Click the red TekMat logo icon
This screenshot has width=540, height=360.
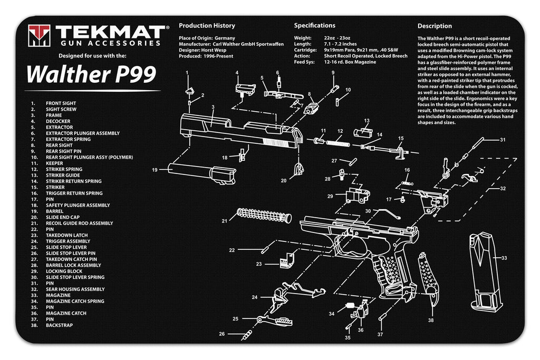pyautogui.click(x=40, y=35)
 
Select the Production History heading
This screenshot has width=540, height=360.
pyautogui.click(x=207, y=26)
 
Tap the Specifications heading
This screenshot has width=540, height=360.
pyautogui.click(x=314, y=25)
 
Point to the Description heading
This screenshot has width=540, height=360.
pyautogui.click(x=435, y=26)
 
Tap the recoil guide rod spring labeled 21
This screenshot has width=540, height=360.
pyautogui.click(x=263, y=216)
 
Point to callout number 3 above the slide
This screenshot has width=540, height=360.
pyautogui.click(x=213, y=107)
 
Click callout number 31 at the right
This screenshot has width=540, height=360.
pyautogui.click(x=503, y=140)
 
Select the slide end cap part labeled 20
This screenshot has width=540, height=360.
pyautogui.click(x=299, y=170)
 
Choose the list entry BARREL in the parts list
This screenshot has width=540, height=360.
pyautogui.click(x=54, y=211)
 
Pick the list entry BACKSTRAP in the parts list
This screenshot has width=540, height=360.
pyautogui.click(x=59, y=325)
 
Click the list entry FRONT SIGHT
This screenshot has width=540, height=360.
pyautogui.click(x=61, y=103)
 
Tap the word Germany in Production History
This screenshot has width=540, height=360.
pyautogui.click(x=225, y=38)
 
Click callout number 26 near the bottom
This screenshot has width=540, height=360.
pyautogui.click(x=222, y=334)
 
